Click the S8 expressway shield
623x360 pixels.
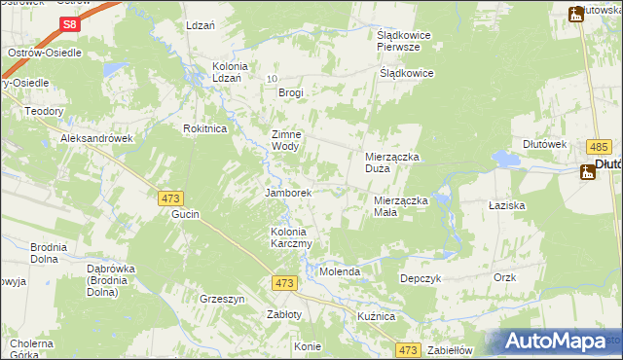(x=68, y=24)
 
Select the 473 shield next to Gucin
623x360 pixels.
(x=170, y=198)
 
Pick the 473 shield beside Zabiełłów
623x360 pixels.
(x=408, y=349)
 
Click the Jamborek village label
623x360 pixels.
(x=288, y=193)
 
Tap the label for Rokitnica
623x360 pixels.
(x=205, y=128)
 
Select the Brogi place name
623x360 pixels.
(x=290, y=93)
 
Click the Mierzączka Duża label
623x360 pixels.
(x=391, y=162)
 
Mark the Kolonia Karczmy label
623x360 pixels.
(x=291, y=238)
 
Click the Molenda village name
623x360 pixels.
(x=341, y=271)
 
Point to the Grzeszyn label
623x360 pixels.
(x=222, y=299)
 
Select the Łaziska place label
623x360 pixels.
(x=507, y=206)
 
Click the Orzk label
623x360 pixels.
(x=504, y=277)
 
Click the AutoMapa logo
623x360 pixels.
(x=555, y=342)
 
